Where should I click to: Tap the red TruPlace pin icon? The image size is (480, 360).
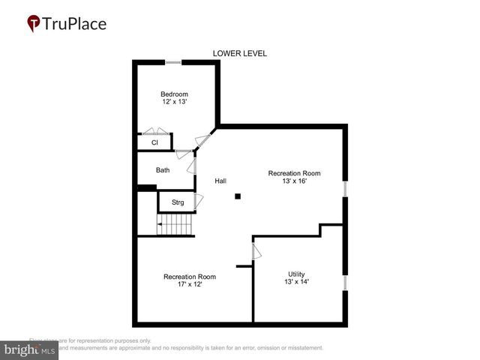click(x=34, y=24)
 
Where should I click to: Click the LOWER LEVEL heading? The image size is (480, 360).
click(x=240, y=53)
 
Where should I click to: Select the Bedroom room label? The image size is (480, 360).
click(x=174, y=94)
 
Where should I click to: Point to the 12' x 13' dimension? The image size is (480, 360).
click(x=174, y=103)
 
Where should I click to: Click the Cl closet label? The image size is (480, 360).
click(x=154, y=142)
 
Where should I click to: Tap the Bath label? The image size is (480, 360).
click(x=163, y=170)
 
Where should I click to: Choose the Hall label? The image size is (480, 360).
click(x=220, y=181)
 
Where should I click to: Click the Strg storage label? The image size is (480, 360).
click(x=178, y=202)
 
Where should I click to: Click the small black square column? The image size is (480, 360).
click(x=238, y=196)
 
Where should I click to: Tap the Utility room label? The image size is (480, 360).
click(x=297, y=274)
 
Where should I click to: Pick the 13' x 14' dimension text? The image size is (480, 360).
click(x=297, y=282)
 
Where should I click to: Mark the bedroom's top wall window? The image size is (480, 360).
click(x=173, y=62)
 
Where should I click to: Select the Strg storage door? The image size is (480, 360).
click(x=199, y=202)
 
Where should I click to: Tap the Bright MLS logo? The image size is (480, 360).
click(x=30, y=350)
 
